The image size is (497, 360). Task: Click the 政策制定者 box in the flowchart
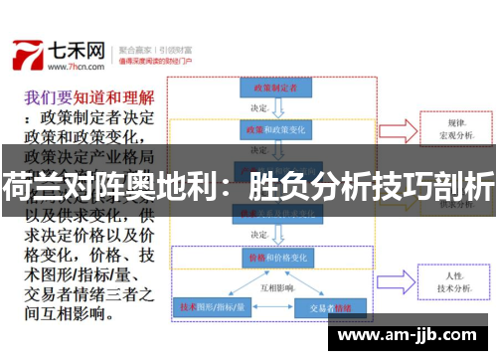[275, 87]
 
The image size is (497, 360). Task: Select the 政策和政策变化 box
[275, 130]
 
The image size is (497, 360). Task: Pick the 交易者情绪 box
[330, 307]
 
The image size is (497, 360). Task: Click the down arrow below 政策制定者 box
[275, 107]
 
